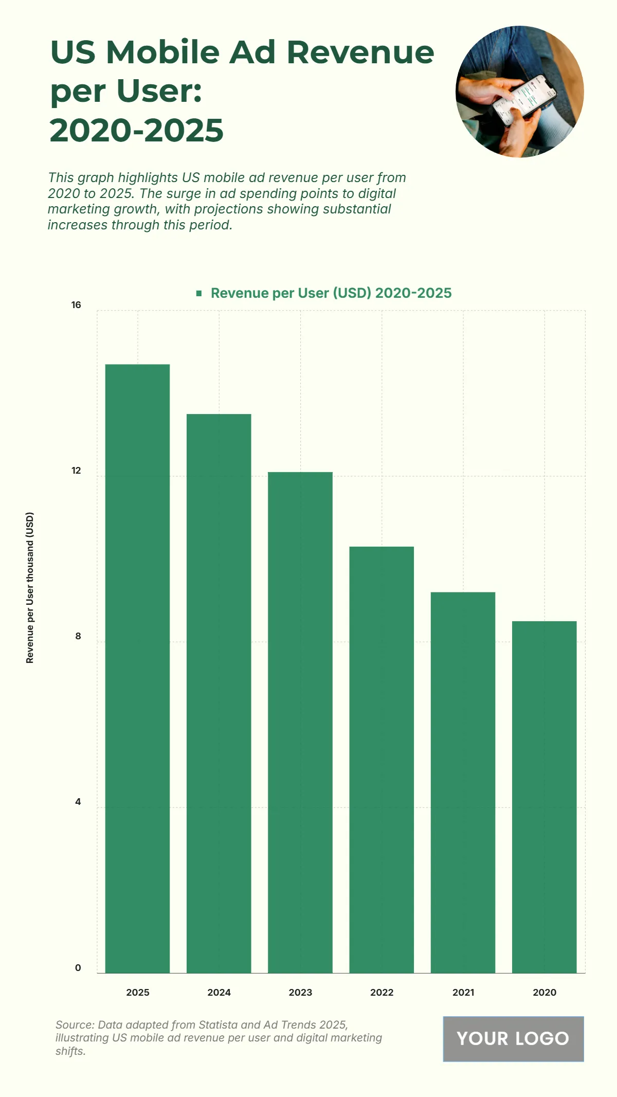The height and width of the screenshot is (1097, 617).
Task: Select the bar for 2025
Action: coord(137,668)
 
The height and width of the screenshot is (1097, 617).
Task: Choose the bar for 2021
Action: coord(463,782)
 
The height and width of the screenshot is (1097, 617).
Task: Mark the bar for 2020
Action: coord(544,797)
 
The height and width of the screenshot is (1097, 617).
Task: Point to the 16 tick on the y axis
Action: coord(76,305)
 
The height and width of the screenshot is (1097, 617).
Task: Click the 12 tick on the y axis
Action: coord(76,471)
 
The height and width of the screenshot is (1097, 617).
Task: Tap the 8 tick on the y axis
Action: coord(78,636)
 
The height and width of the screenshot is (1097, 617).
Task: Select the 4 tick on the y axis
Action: coord(78,802)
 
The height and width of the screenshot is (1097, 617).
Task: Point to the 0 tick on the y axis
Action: coord(78,968)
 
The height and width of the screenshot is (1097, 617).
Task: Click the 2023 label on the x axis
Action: coord(300,993)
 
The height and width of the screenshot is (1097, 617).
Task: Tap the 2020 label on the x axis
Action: coord(545,993)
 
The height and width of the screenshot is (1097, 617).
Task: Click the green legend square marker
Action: coord(199,293)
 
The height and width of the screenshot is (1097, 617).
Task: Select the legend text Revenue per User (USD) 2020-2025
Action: coord(331,293)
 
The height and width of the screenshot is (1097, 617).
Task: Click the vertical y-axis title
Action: coord(30,587)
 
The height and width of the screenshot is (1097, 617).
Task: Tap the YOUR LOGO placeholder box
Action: coord(513,1038)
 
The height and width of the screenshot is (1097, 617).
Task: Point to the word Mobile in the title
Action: coord(163,52)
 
